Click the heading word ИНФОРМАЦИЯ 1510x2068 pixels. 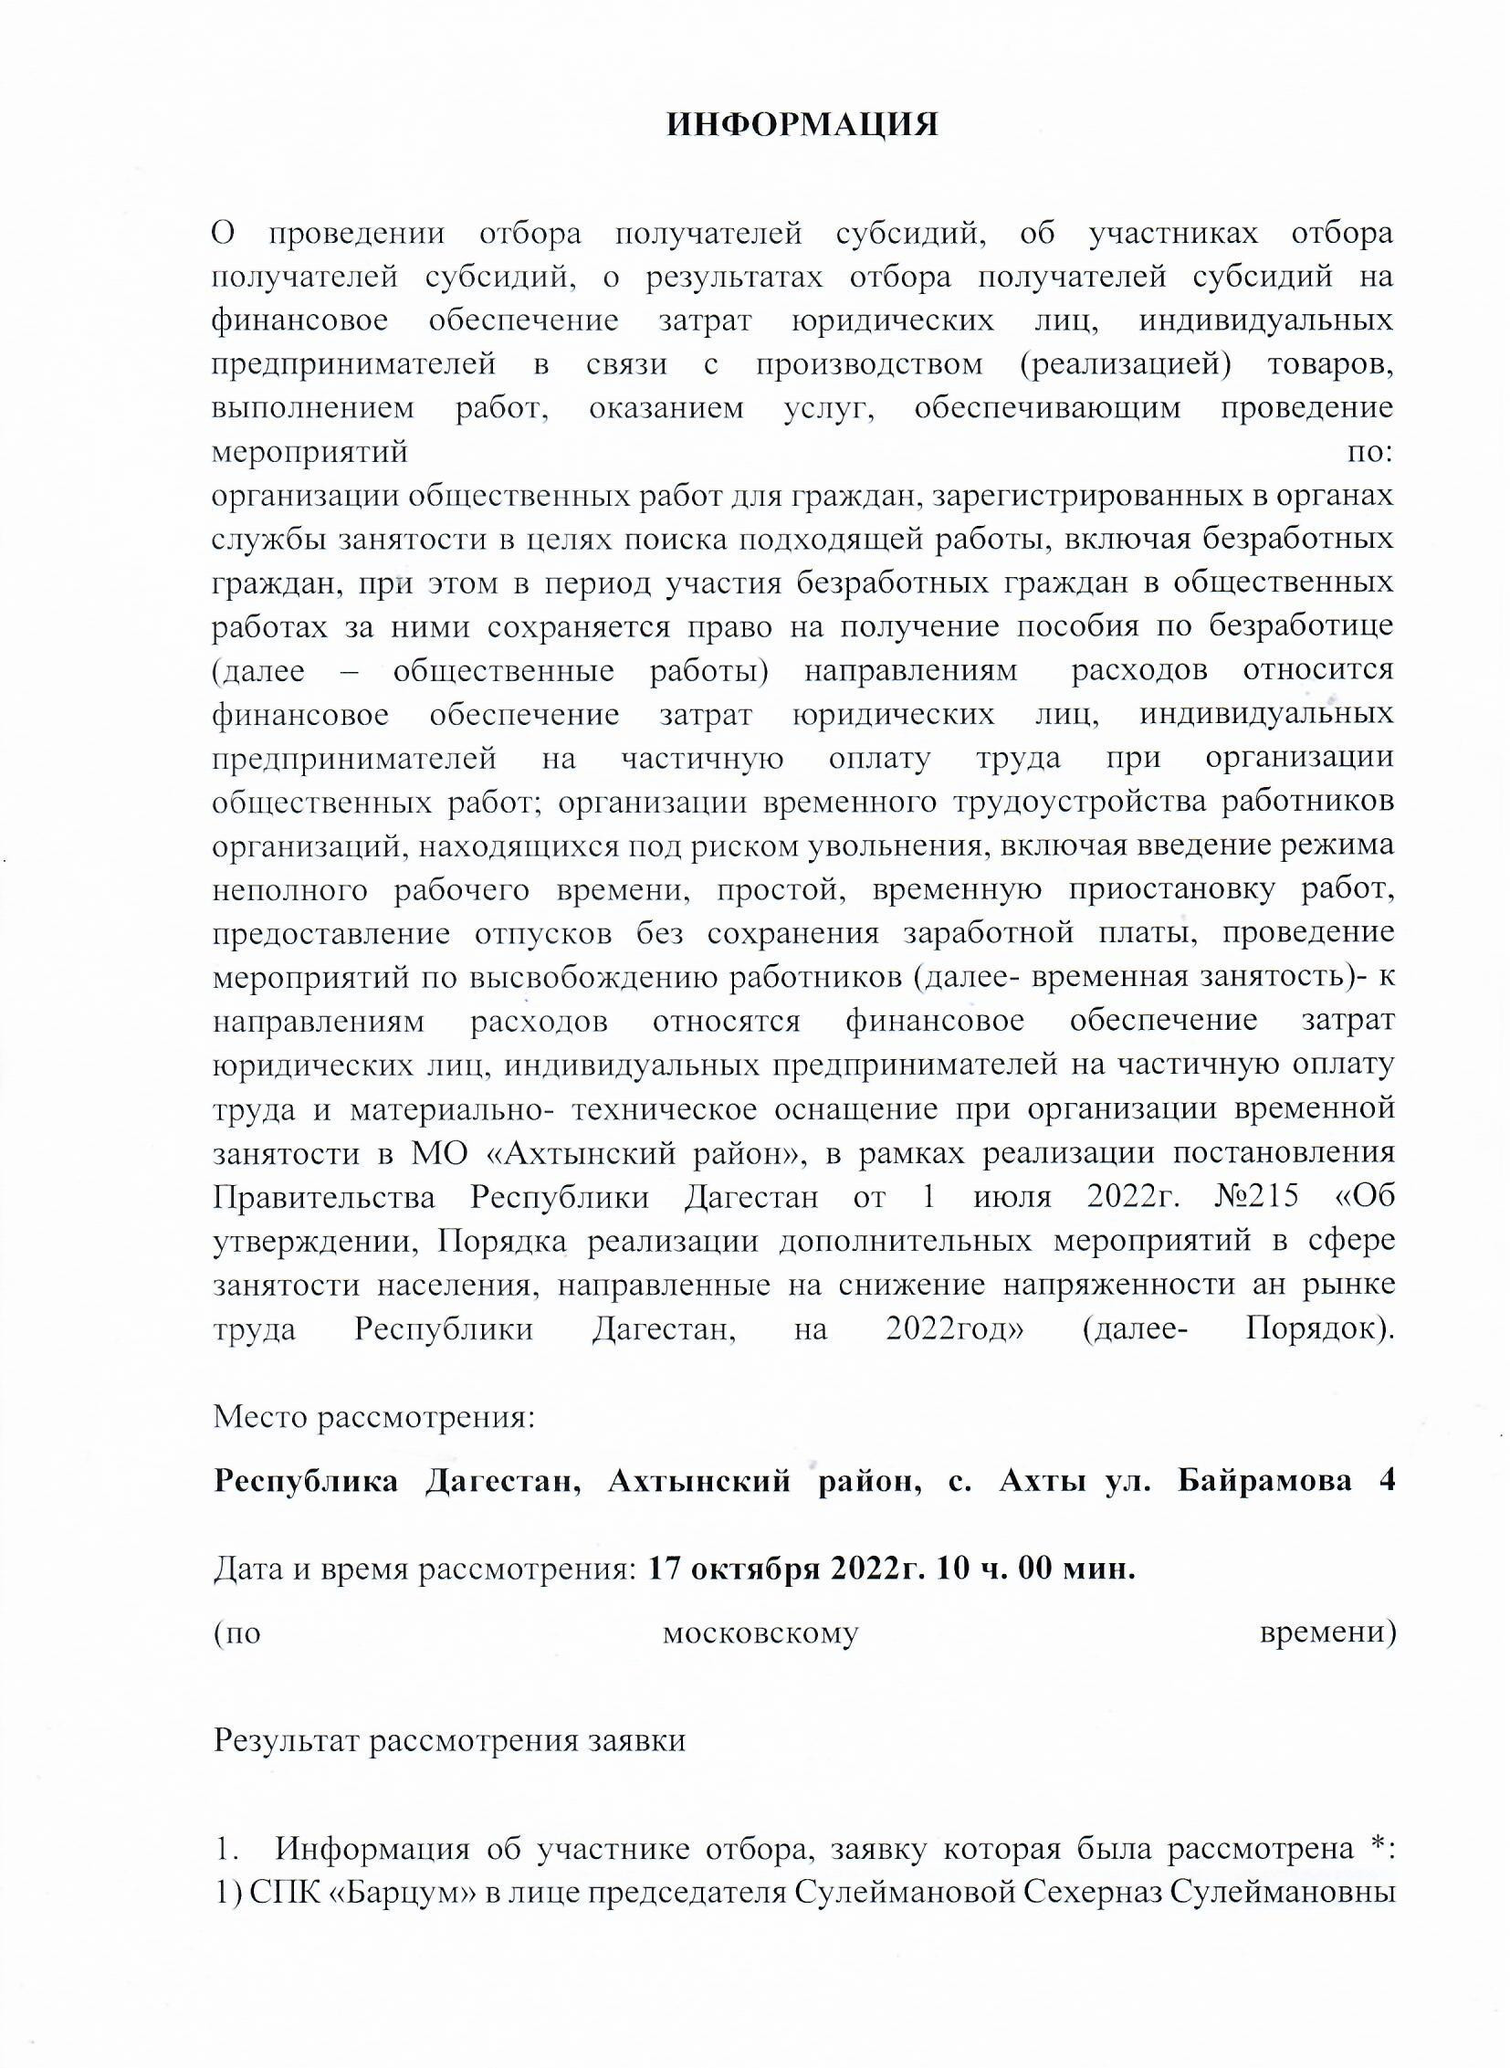802,125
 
